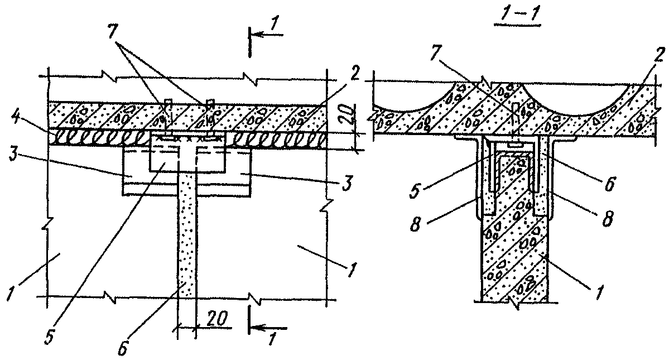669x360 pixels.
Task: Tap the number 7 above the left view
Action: [114, 34]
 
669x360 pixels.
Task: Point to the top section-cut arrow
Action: [267, 33]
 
